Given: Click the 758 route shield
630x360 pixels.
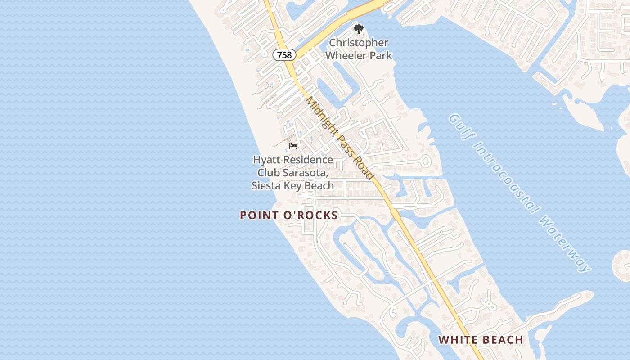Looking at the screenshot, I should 284,55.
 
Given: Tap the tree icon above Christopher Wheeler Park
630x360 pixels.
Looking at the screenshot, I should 358,30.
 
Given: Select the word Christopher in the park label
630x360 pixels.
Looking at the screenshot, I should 359,43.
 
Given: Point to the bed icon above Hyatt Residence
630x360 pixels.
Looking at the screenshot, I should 293,146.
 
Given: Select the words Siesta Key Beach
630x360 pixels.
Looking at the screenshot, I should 293,185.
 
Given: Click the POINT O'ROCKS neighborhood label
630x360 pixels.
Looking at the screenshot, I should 289,216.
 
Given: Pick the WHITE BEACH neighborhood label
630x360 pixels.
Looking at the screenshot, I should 481,340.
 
